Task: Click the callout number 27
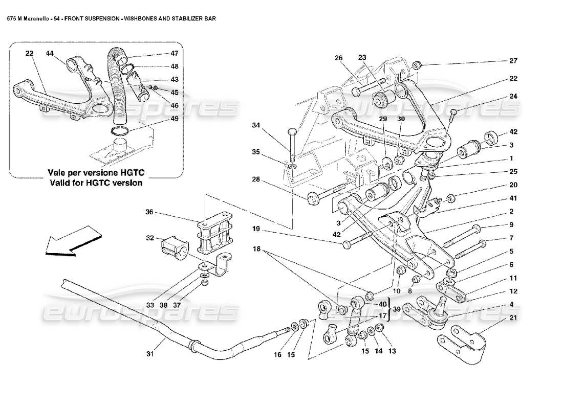pos(513,61)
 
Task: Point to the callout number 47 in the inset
pos(175,53)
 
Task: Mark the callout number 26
pos(338,58)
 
